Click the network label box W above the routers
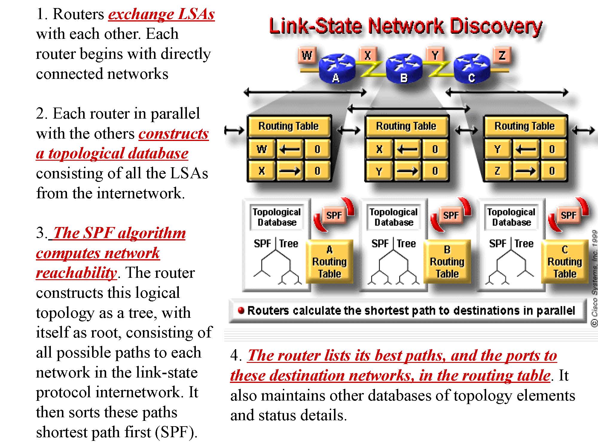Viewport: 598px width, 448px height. coord(307,55)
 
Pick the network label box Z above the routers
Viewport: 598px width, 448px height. coord(502,55)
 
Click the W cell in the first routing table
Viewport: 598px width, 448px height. coord(262,149)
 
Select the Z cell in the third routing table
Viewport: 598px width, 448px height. coord(497,171)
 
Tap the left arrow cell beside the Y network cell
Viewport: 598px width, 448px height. coord(525,149)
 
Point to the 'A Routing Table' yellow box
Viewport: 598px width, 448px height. coord(329,262)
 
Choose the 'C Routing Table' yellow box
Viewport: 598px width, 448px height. coord(565,262)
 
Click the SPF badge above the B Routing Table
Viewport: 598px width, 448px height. coord(451,215)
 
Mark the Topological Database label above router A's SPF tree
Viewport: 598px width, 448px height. coord(277,217)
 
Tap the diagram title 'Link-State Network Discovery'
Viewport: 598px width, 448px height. coord(405,26)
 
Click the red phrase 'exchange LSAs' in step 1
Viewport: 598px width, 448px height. coord(161,14)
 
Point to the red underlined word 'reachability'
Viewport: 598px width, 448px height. coord(76,273)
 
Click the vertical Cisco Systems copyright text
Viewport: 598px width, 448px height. coord(594,278)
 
